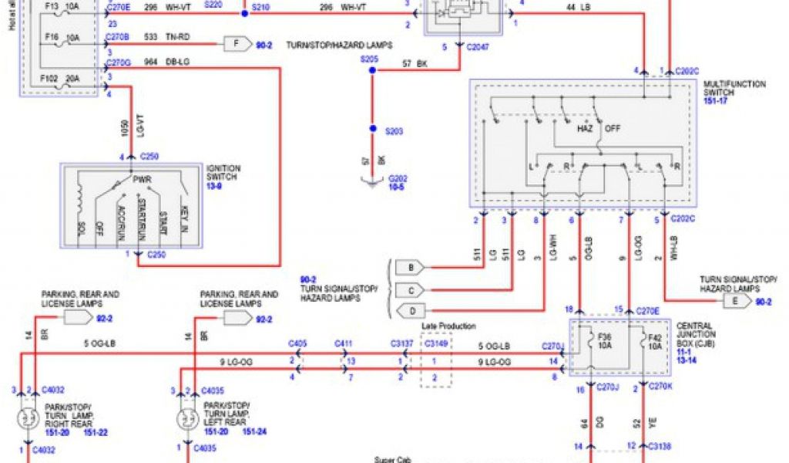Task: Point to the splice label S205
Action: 370,59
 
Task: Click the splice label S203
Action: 394,131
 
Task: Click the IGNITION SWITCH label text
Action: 223,172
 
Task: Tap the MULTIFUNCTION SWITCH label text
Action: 734,88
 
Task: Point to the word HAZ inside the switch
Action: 586,128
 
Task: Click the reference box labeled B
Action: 411,268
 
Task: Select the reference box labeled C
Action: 411,290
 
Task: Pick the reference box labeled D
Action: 411,312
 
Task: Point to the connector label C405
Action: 297,343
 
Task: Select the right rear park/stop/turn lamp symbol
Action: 29,420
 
